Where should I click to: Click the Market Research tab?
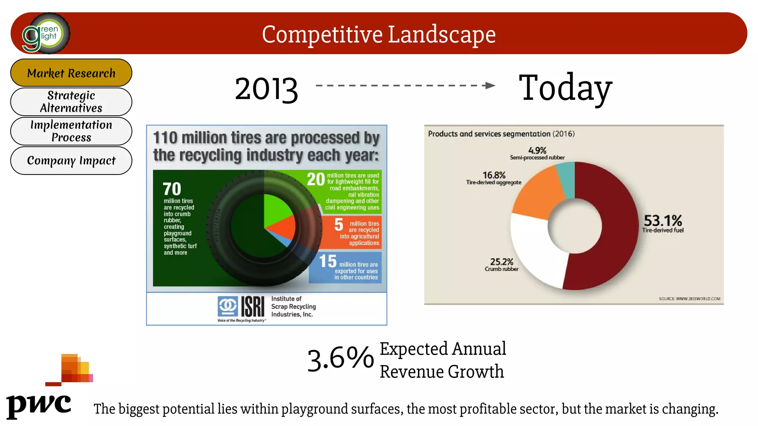coord(71,73)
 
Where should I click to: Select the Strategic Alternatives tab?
coord(71,102)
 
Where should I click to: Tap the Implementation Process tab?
coord(71,131)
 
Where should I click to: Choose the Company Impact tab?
coord(71,160)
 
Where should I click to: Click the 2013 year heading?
coord(266,89)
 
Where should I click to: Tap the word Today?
coord(565,88)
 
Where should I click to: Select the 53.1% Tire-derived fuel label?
coord(663,223)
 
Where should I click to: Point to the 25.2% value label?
coord(502,262)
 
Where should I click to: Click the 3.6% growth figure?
coord(340,359)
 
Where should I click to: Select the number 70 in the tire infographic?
coord(172,189)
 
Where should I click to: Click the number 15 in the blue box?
coord(328,261)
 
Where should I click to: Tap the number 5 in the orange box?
coord(339,224)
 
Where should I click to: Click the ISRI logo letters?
coord(253,307)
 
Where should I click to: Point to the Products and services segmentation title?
coord(501,134)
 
